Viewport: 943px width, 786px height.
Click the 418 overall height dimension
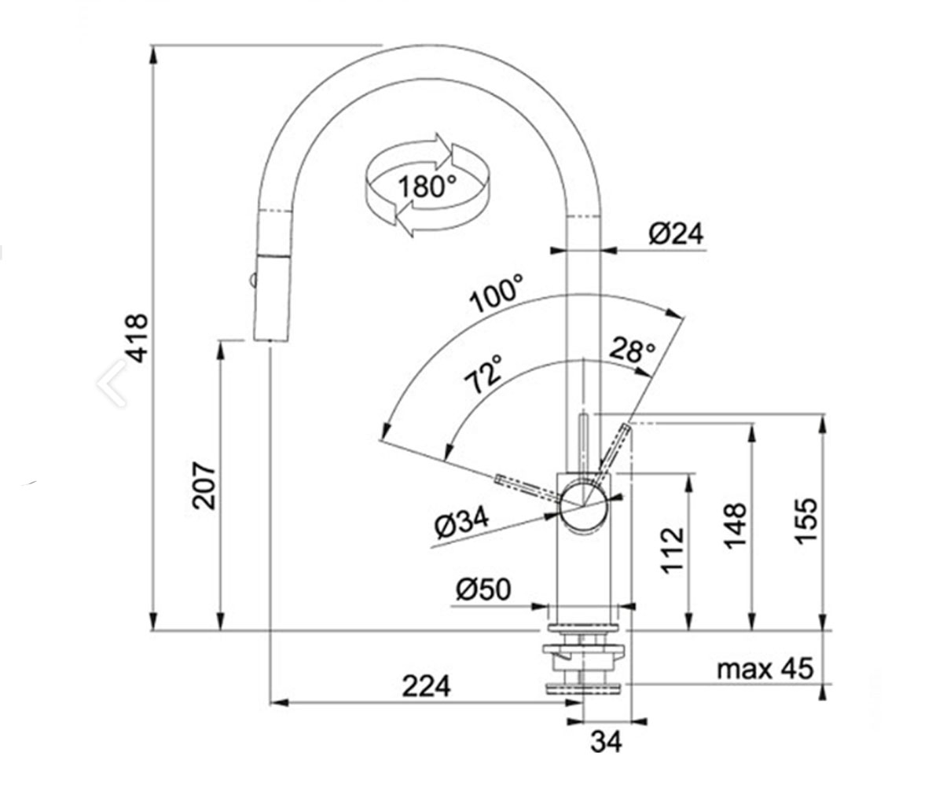(x=138, y=339)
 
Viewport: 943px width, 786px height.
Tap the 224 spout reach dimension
(x=427, y=686)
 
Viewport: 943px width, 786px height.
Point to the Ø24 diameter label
(x=676, y=233)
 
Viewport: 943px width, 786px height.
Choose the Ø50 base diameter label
(x=483, y=589)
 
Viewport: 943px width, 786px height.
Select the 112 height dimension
(x=673, y=550)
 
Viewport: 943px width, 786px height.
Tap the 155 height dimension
(x=806, y=521)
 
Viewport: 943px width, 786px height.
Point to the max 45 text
(x=765, y=668)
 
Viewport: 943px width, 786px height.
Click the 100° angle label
(x=497, y=294)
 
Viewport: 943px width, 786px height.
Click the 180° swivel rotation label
(x=427, y=186)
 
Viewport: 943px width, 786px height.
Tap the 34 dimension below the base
(x=606, y=741)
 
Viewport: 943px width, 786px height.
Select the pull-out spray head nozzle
(x=272, y=298)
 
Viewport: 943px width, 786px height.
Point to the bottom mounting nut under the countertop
(x=584, y=688)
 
